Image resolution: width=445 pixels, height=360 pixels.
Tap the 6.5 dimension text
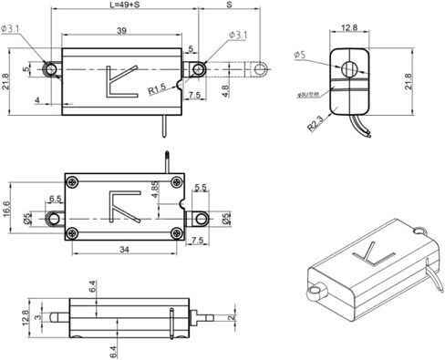pyautogui.click(x=55, y=199)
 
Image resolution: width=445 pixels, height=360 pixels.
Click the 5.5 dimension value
pyautogui.click(x=202, y=188)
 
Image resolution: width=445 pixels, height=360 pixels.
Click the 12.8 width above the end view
pyautogui.click(x=348, y=28)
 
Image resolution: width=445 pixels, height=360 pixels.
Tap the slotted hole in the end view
pyautogui.click(x=348, y=69)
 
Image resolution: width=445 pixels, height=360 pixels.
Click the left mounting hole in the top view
pyautogui.click(x=55, y=69)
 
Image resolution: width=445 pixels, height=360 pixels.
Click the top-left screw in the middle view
pyautogui.click(x=71, y=179)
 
